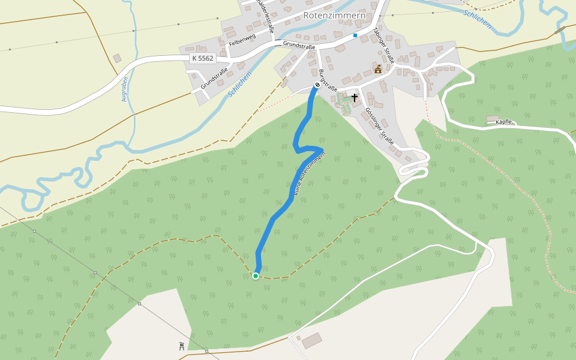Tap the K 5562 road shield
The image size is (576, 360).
(202, 58)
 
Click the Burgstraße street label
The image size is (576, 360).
(328, 80)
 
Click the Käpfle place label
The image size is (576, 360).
(504, 122)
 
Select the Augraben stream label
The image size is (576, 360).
(125, 89)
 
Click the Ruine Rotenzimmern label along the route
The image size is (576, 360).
(310, 173)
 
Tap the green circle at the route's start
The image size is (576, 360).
(256, 276)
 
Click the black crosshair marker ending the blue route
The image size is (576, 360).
(317, 85)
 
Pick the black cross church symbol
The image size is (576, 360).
(354, 97)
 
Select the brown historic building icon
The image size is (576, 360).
(378, 70)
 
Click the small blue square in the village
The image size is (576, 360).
(355, 35)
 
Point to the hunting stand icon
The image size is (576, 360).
(181, 346)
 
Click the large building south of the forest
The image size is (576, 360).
(311, 341)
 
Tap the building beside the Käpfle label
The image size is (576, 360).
(492, 118)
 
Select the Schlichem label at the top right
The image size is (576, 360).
(478, 19)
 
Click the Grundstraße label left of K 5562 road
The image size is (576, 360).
(214, 79)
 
